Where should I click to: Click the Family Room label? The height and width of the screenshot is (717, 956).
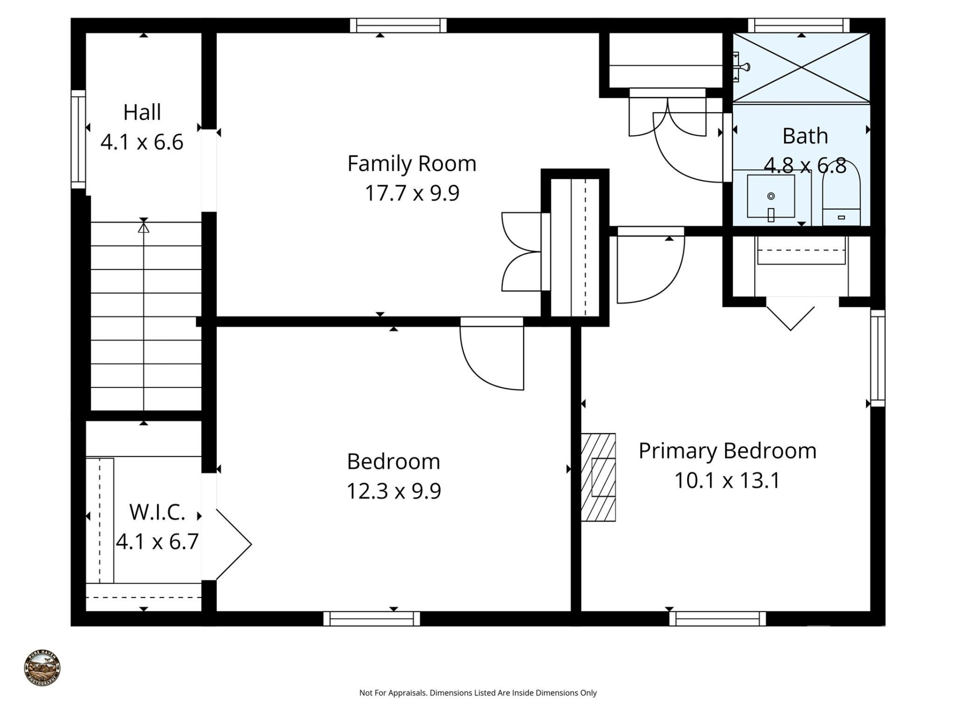pos(411,164)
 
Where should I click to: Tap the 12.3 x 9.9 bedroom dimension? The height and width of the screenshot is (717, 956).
pos(393,491)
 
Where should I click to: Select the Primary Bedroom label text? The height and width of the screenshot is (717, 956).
pos(727,451)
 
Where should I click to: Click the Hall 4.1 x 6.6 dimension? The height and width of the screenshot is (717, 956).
pos(142,142)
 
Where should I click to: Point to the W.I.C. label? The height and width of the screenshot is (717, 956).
pos(157,512)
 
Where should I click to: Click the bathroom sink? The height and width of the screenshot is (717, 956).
pos(771,197)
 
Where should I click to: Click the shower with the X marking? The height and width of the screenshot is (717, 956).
pos(801,68)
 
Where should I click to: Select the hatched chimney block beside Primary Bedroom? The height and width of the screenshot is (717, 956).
pos(598,478)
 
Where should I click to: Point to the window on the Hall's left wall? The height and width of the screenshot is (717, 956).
pos(78,139)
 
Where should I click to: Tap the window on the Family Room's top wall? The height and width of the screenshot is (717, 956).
pos(398,25)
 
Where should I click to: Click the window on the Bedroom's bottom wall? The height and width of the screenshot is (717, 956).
pos(371,618)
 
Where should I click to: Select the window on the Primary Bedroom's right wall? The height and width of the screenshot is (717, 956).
pos(878,358)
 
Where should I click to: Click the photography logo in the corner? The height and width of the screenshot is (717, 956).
pos(42,668)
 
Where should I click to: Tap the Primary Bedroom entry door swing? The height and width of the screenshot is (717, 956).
pos(650,269)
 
